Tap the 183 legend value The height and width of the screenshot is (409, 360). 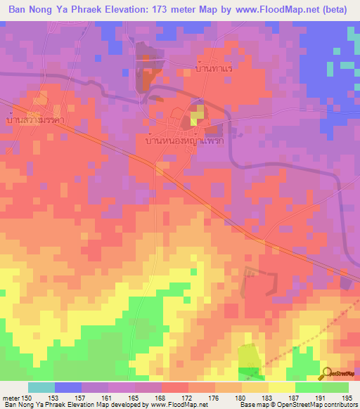tap(269, 397)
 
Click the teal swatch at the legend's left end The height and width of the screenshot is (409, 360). tap(41, 387)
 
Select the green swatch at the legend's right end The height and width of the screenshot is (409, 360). tap(335, 387)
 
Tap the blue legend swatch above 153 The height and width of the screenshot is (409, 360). tap(67, 387)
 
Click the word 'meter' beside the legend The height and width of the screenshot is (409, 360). tap(10, 397)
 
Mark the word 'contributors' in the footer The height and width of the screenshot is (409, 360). tap(340, 405)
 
